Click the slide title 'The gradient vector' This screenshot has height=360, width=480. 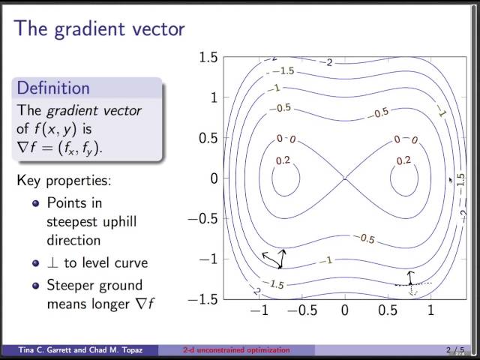[100, 29]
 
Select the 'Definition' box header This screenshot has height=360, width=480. [53, 88]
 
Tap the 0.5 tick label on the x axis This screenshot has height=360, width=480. [387, 310]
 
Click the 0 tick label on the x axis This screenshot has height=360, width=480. [345, 310]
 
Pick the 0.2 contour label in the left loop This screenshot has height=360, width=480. [283, 160]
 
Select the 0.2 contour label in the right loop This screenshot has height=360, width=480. [403, 160]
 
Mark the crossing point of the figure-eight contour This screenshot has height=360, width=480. [345, 178]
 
